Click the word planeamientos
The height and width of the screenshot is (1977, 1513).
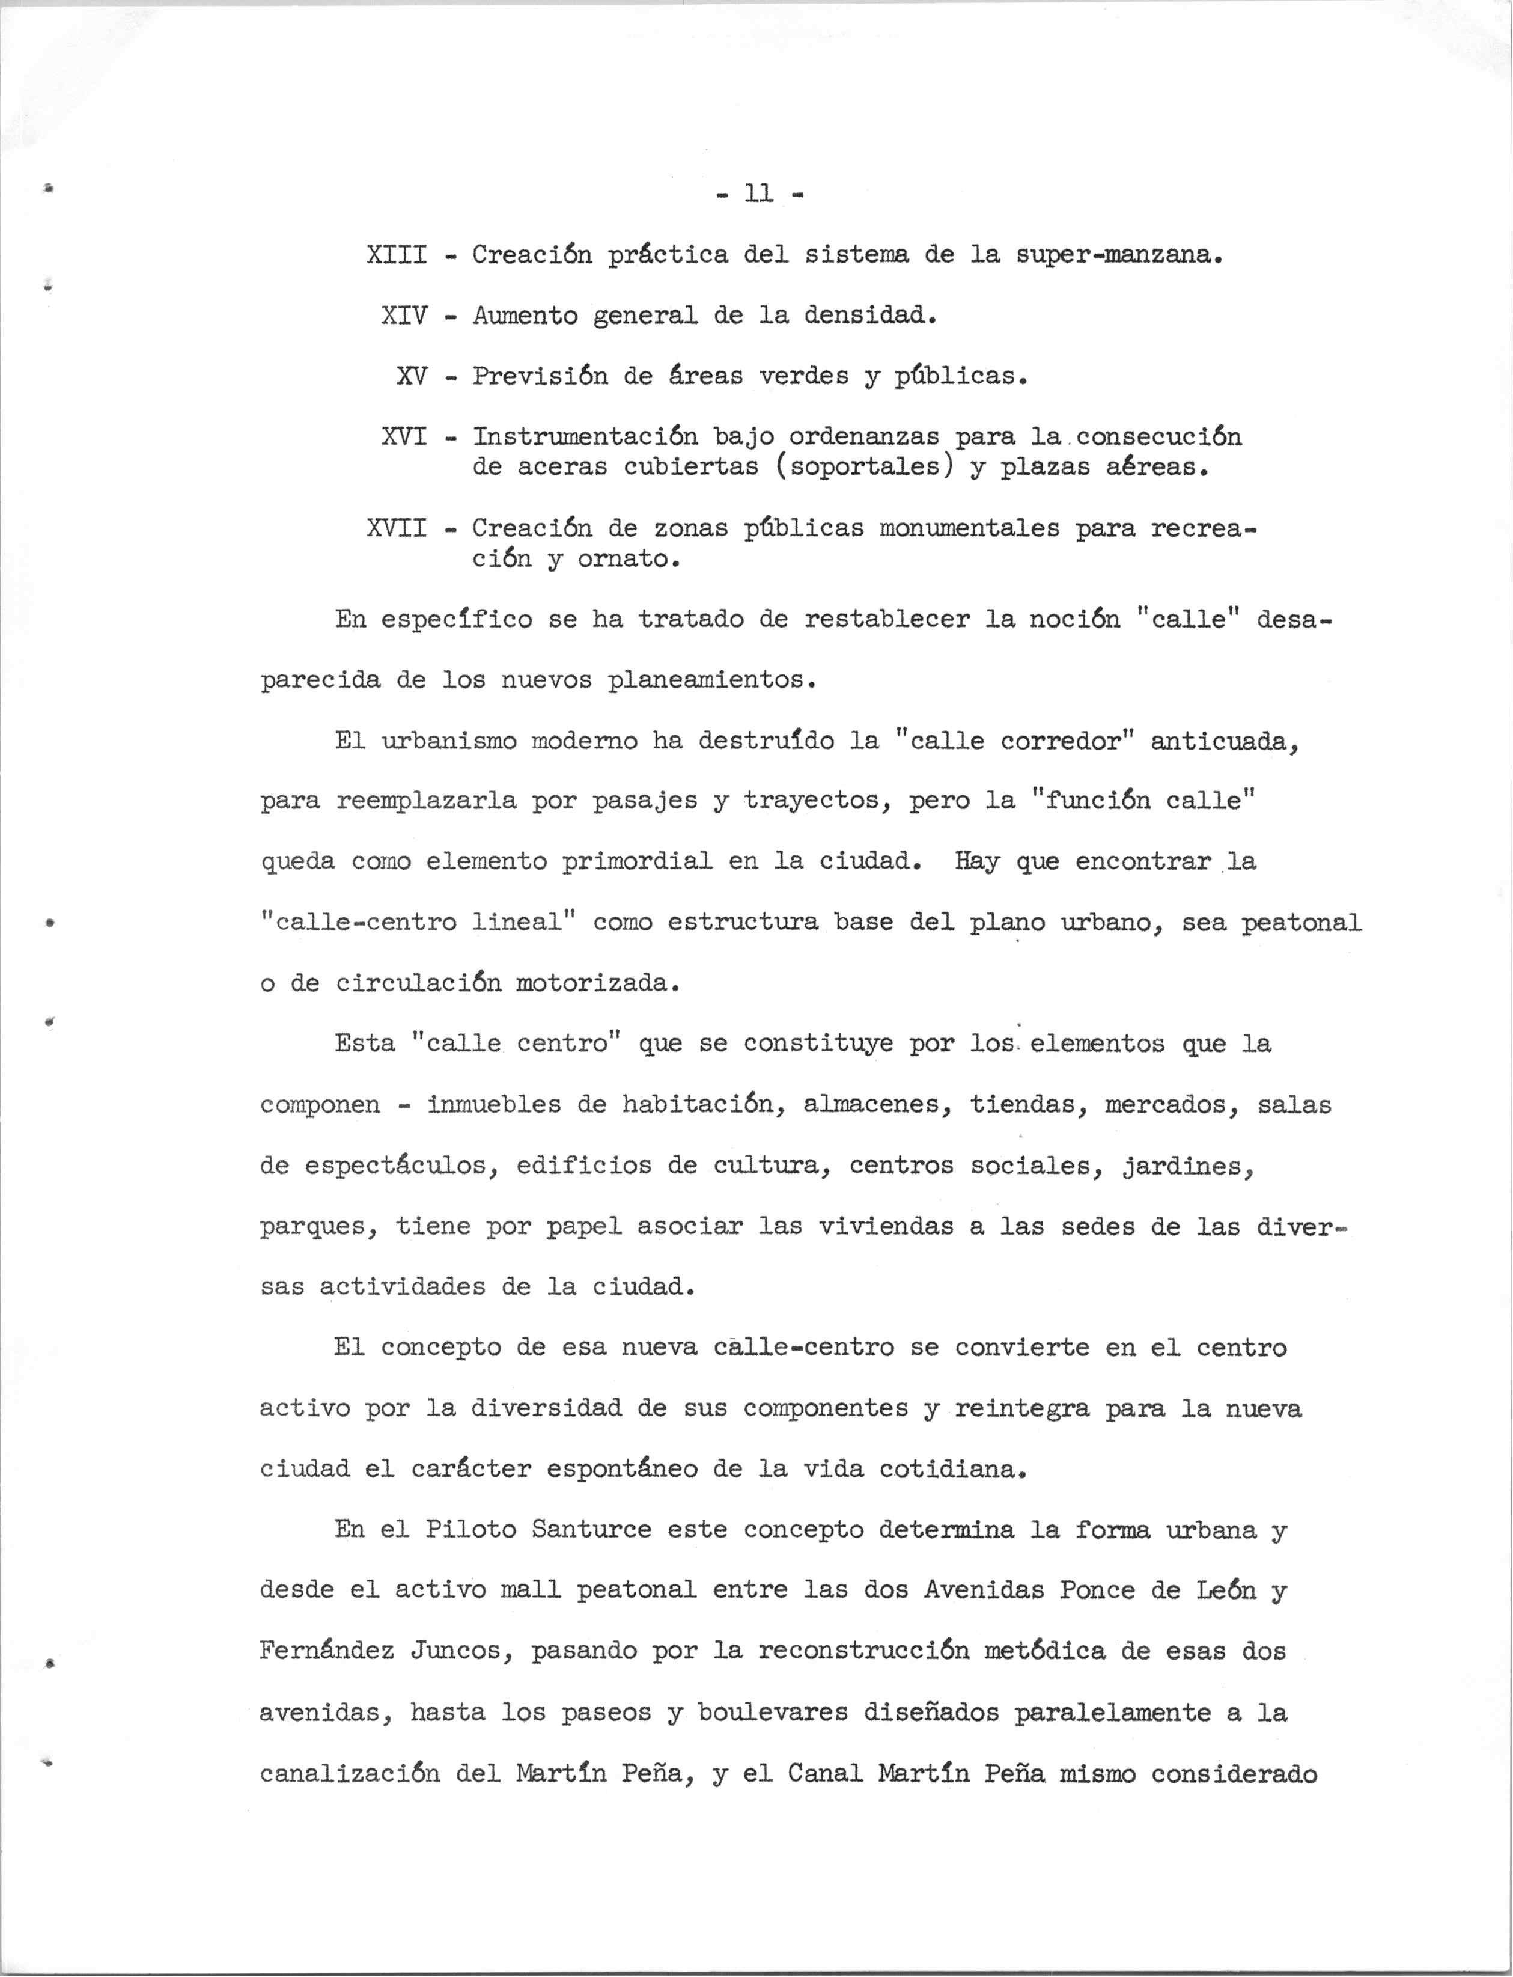point(711,680)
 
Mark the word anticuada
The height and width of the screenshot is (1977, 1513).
point(1226,741)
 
